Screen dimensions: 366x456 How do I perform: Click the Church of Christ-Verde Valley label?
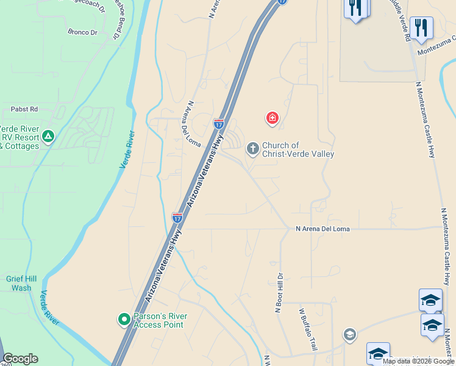[297, 149]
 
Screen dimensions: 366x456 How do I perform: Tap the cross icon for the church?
[252, 148]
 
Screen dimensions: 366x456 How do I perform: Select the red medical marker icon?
[272, 118]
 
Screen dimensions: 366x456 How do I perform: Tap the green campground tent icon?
[48, 137]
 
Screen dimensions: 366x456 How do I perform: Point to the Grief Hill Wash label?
[21, 283]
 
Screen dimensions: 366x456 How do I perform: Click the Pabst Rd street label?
[24, 109]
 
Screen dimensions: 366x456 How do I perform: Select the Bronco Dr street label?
[82, 32]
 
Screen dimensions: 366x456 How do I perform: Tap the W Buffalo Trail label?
[308, 329]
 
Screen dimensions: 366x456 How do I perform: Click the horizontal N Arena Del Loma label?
[322, 229]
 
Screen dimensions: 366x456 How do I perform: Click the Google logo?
[20, 358]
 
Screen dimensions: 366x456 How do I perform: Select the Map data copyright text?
[418, 361]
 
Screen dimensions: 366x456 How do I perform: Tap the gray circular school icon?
[349, 334]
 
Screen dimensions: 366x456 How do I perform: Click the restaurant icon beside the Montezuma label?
[421, 28]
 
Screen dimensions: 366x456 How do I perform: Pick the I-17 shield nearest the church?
[219, 123]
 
